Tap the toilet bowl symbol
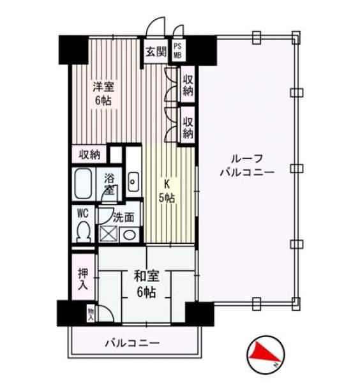coord(82,232)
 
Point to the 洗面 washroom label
coord(123,216)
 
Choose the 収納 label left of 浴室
coord(89,154)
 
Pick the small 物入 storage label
coord(91,313)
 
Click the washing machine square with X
coord(108,234)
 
